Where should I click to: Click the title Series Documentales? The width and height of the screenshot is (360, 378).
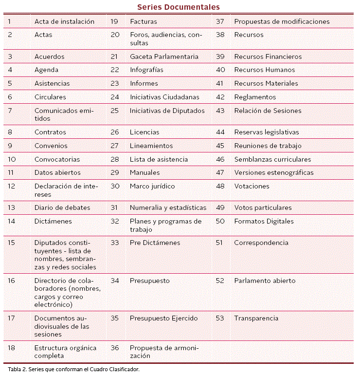click(178, 7)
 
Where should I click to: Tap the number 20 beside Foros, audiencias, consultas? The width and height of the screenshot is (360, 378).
click(115, 35)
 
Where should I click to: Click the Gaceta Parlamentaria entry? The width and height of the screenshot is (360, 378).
click(164, 57)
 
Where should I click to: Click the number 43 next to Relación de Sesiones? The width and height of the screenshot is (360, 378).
click(220, 111)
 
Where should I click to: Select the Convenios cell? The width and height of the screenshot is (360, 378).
click(51, 146)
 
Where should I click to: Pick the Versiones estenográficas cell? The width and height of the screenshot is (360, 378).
click(273, 172)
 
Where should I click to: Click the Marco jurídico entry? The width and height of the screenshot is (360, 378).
click(152, 186)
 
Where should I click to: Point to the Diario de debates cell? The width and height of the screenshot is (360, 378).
click(62, 208)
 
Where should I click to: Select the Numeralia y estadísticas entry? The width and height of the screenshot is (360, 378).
click(168, 208)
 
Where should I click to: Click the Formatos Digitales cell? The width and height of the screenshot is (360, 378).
click(264, 221)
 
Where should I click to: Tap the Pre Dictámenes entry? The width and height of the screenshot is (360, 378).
click(155, 243)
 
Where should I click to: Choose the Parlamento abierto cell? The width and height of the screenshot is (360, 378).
click(265, 281)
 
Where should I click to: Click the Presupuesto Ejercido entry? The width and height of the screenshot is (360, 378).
click(163, 318)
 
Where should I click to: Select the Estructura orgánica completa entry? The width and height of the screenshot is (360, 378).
click(65, 352)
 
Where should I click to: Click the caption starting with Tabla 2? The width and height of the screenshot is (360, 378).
click(74, 369)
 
